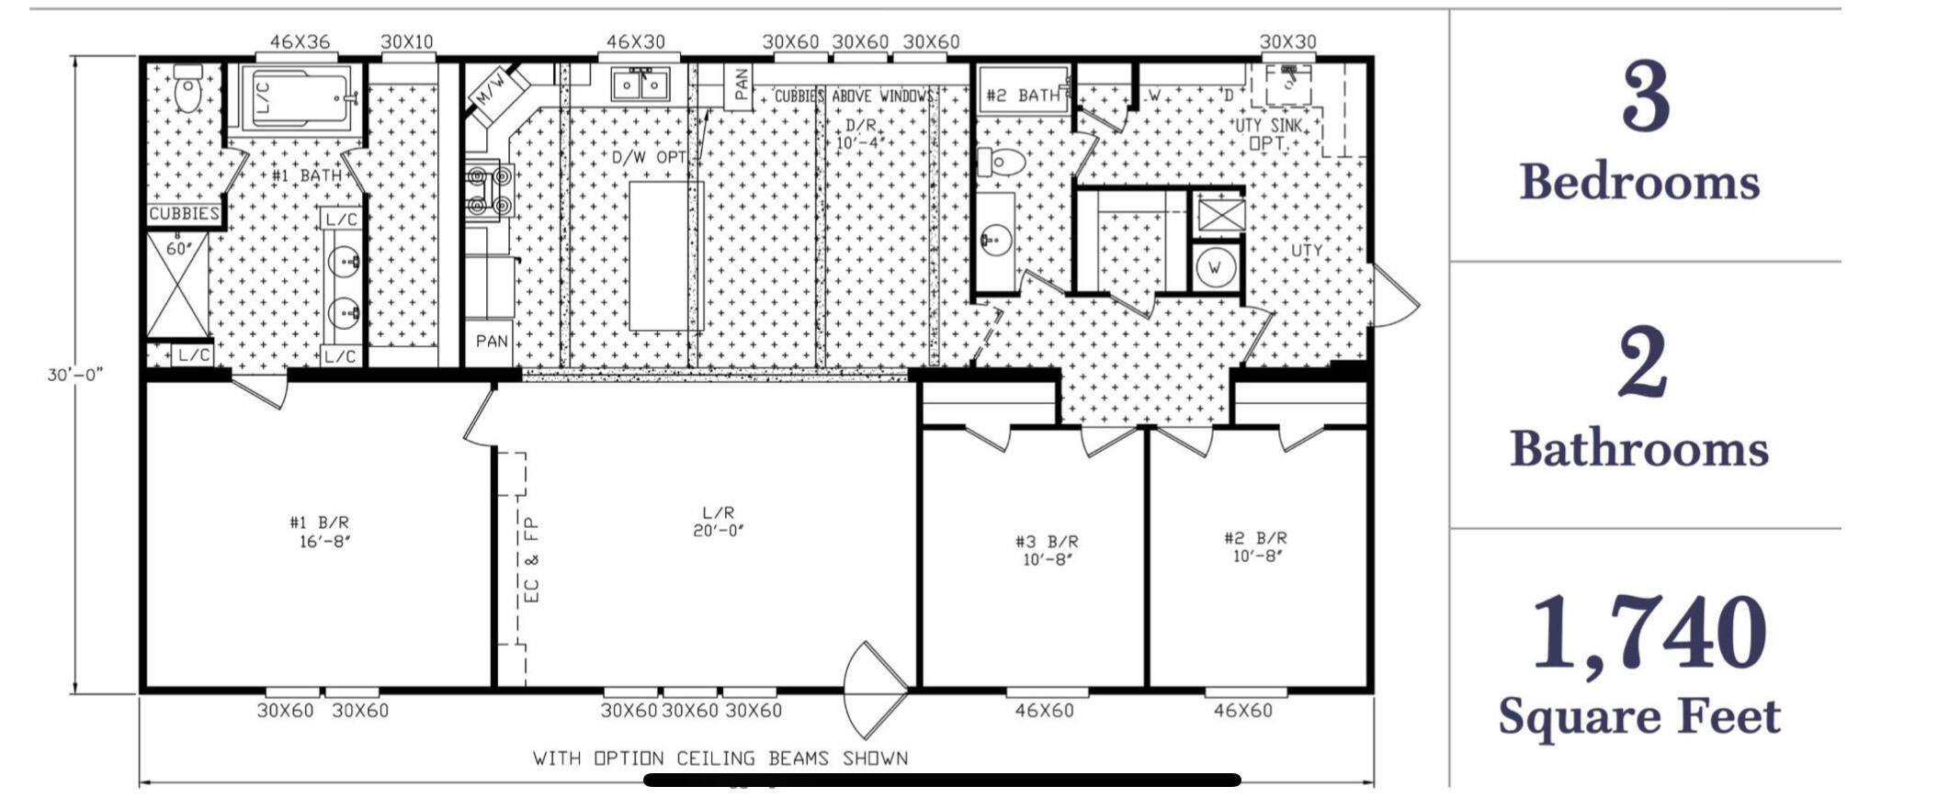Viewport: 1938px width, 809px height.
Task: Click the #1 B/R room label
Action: [x=319, y=532]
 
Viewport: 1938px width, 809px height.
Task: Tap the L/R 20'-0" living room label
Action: [x=718, y=522]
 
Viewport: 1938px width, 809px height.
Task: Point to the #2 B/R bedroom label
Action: [x=1255, y=546]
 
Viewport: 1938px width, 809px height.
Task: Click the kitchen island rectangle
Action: [x=666, y=255]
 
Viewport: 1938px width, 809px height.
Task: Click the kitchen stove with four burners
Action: [x=488, y=191]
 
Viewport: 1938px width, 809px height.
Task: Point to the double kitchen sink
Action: [x=640, y=84]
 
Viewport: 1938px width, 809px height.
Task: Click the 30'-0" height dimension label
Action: [x=75, y=375]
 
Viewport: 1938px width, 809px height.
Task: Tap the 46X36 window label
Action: [x=300, y=42]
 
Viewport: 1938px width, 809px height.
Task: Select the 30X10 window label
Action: [x=407, y=42]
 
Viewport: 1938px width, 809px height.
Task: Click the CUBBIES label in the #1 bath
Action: [x=185, y=214]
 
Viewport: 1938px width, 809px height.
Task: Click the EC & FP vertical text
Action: [x=532, y=559]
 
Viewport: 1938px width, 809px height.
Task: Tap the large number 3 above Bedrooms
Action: [x=1644, y=97]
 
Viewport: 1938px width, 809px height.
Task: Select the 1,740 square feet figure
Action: [x=1649, y=634]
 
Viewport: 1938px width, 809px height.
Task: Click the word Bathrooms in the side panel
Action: [x=1639, y=449]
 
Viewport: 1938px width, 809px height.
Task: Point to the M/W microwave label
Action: [x=488, y=87]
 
